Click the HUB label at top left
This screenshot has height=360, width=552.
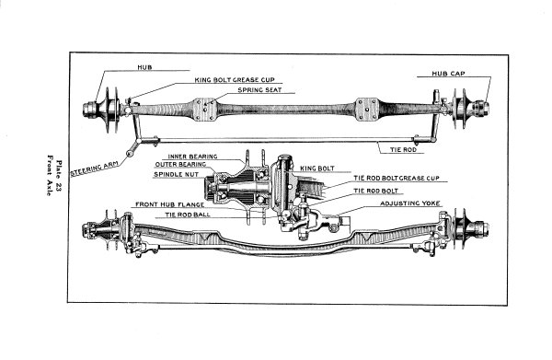pos(144,68)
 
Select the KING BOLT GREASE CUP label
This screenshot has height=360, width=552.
pos(236,80)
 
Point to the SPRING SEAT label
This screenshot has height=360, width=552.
pos(259,91)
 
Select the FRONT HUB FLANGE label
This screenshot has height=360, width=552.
pos(169,203)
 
